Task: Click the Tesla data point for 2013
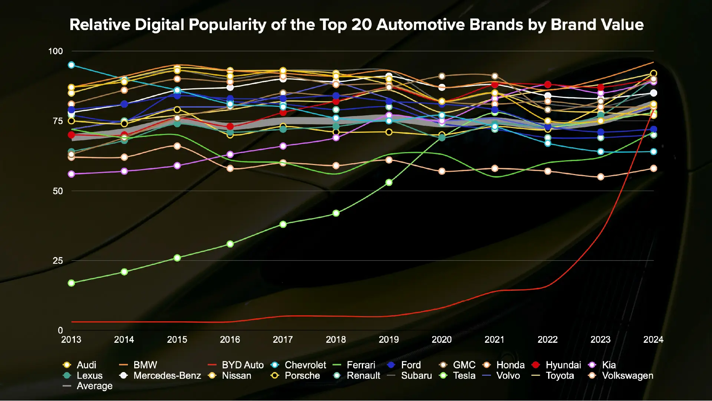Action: coord(72,283)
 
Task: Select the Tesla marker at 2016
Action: coord(230,244)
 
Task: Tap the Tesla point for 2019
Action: coord(389,183)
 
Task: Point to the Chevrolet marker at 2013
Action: coord(72,65)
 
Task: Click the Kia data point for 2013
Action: coord(72,174)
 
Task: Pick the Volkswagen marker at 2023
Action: coord(600,177)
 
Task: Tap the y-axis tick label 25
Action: coord(57,261)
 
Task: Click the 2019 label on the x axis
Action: coord(389,339)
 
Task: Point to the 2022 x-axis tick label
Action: coord(547,339)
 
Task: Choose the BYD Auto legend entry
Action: coord(236,365)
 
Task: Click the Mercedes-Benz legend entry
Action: coord(160,376)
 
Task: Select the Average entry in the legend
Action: coord(88,386)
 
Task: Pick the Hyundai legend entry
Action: coord(556,365)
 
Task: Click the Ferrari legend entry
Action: coord(354,365)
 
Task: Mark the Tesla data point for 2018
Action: coord(336,213)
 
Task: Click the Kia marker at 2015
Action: coord(177,166)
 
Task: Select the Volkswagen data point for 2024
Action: coord(653,168)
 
